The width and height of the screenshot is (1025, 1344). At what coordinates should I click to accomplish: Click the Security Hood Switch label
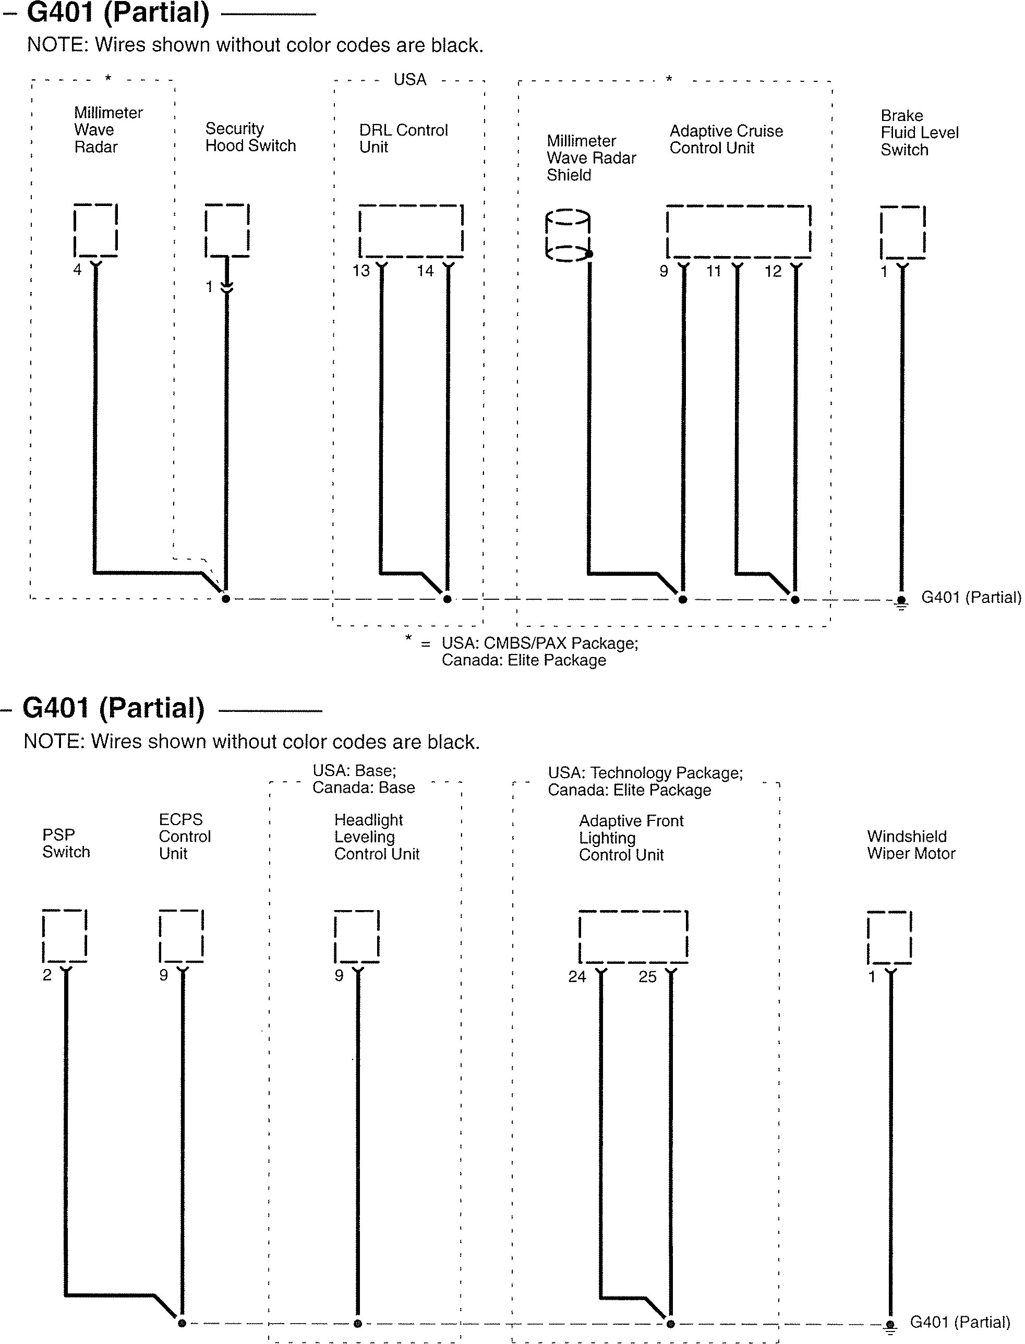pos(250,137)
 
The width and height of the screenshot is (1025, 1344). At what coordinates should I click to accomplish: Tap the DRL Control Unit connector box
pos(411,231)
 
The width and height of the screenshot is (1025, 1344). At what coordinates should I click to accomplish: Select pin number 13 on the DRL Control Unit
pos(361,271)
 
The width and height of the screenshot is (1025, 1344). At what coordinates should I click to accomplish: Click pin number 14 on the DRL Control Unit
pos(425,271)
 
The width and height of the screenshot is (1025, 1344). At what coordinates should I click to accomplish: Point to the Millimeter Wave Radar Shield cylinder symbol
pos(568,236)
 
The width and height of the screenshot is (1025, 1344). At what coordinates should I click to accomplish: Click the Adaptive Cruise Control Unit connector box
pos(738,231)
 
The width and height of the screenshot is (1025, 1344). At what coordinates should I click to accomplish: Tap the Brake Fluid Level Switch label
pos(919,133)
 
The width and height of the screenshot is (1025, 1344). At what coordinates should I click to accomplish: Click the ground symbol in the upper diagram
pos(901,603)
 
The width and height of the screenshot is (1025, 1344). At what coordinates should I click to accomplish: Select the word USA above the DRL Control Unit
pos(410,80)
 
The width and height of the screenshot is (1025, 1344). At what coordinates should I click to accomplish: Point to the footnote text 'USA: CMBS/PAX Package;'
pos(539,644)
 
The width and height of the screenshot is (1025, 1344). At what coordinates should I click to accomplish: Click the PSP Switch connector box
pos(65,936)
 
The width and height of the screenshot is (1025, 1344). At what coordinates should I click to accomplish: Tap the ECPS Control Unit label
pos(184,837)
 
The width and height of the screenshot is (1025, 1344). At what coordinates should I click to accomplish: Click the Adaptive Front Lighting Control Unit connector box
pos(633,937)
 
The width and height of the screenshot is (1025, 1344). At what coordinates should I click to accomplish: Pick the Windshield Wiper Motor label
pos(911,845)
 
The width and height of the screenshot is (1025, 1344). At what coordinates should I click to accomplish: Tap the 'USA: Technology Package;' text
pos(645,773)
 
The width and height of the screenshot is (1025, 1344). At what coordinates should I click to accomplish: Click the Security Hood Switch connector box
pos(227,231)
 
